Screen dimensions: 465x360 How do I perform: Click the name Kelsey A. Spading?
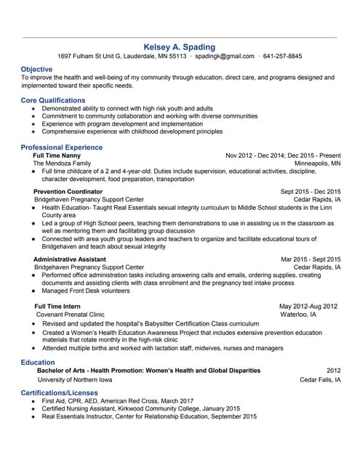(x=180, y=46)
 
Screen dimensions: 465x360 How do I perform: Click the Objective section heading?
(x=36, y=69)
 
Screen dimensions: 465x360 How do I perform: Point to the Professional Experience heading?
(x=62, y=147)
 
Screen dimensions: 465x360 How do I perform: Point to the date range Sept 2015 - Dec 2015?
(x=310, y=190)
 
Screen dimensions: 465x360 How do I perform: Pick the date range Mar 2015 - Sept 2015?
(x=311, y=259)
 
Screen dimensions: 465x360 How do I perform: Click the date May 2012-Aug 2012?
(x=309, y=306)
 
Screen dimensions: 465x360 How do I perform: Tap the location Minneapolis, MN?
(x=317, y=164)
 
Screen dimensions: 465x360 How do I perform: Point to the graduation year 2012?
(x=333, y=371)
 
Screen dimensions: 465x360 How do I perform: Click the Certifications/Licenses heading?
(x=60, y=392)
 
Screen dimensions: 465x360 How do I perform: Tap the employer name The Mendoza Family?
(x=64, y=164)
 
